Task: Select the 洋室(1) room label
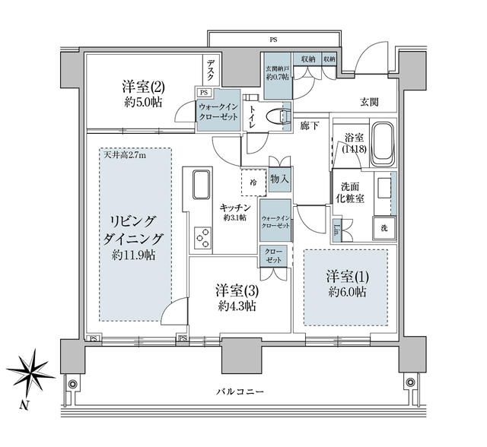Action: click(x=347, y=283)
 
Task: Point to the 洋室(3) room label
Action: click(x=235, y=297)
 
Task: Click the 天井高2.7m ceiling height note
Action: click(x=125, y=156)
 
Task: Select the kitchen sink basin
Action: click(x=201, y=185)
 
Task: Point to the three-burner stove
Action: click(x=202, y=239)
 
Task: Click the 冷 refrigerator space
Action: click(x=254, y=182)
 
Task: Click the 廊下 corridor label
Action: click(x=309, y=124)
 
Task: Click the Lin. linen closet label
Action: click(x=337, y=227)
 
